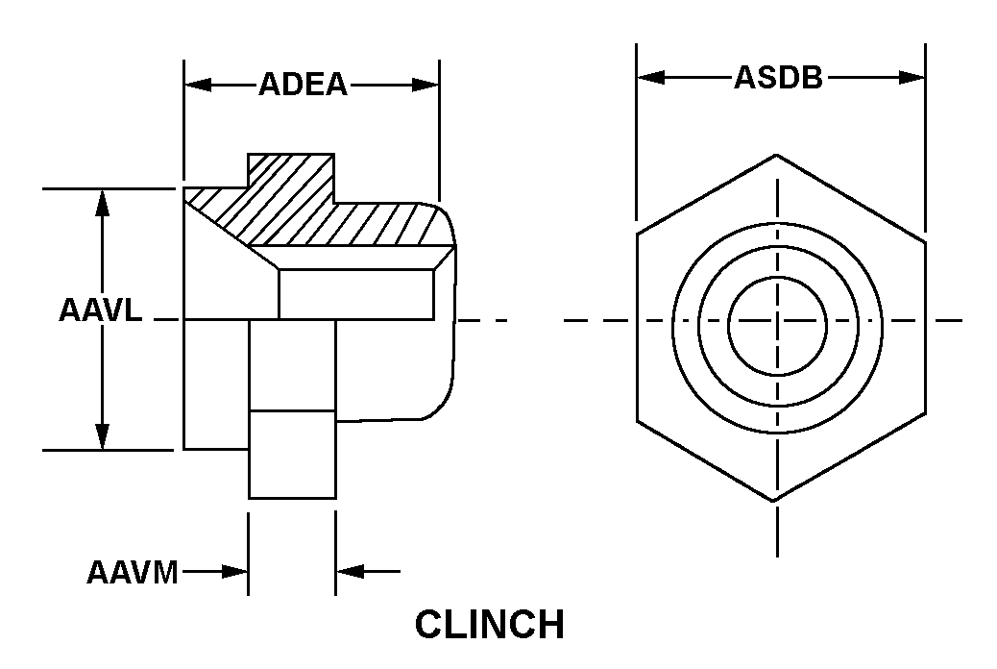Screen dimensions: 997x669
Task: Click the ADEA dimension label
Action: click(x=304, y=85)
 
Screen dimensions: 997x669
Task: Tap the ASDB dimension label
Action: click(x=779, y=78)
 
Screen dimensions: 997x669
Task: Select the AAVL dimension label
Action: click(x=101, y=310)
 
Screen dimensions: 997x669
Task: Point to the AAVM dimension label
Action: click(x=133, y=572)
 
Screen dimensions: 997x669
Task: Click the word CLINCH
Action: click(x=490, y=625)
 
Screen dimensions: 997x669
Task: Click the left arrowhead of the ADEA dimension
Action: click(x=198, y=85)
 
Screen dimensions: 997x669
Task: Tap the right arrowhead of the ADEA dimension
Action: click(x=426, y=85)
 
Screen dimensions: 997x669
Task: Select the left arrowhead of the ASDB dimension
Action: click(x=651, y=78)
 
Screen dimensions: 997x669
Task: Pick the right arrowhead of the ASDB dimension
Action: click(x=912, y=78)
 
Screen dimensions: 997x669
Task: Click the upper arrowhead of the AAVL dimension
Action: click(x=103, y=203)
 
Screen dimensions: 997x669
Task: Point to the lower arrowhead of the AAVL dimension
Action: click(x=103, y=436)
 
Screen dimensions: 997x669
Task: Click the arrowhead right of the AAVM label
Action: click(x=234, y=572)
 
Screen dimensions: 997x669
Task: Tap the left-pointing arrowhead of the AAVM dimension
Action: click(x=350, y=572)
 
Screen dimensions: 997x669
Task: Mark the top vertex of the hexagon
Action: click(x=776, y=155)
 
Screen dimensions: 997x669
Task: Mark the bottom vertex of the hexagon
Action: click(x=774, y=501)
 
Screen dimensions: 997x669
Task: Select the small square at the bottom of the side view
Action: click(x=292, y=455)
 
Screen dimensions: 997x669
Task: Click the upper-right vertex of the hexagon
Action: click(x=925, y=242)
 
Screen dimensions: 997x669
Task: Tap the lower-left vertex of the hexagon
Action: click(x=637, y=421)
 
